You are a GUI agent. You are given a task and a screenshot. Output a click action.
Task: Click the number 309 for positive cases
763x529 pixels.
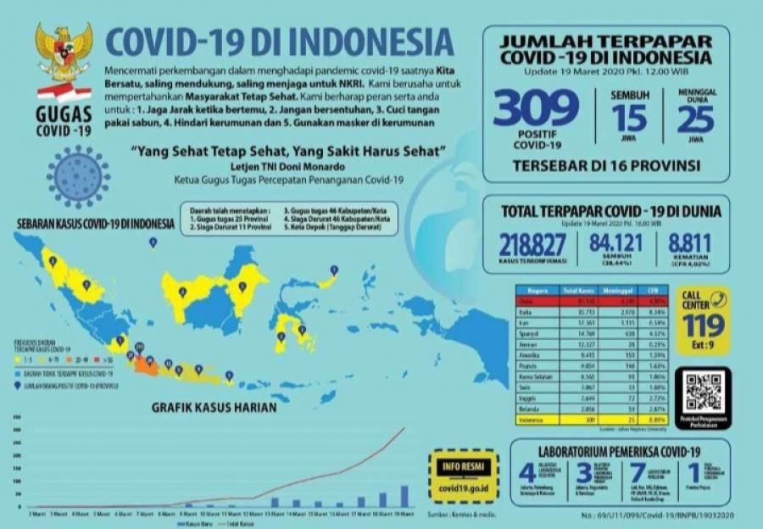536,108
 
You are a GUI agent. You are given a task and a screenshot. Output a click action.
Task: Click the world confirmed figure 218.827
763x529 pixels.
532,245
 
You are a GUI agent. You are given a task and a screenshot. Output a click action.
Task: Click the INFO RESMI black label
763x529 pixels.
463,467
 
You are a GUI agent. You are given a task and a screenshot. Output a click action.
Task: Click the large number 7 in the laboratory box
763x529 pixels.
636,473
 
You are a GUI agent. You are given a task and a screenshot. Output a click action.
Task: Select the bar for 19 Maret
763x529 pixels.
404,495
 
